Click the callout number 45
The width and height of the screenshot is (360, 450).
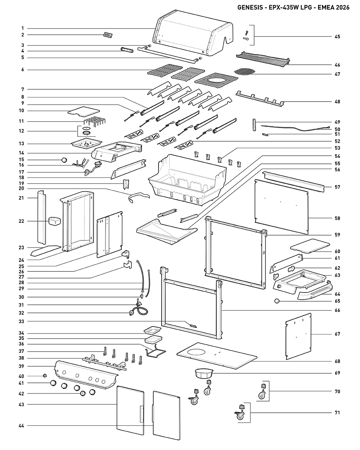[x=337, y=37]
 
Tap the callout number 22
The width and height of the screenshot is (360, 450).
[x=21, y=221]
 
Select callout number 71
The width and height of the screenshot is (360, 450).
[x=337, y=413]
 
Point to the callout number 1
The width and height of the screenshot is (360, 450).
[x=22, y=28]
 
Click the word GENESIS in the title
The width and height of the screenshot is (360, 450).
[x=250, y=7]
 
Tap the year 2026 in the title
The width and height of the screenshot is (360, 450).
[x=342, y=7]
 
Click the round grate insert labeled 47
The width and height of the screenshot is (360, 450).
[x=245, y=72]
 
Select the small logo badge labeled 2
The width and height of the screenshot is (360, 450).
[x=108, y=35]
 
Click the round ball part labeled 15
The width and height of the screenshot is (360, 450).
[x=64, y=160]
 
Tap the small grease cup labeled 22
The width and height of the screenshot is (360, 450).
[x=54, y=221]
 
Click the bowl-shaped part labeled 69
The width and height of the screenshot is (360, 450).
[x=204, y=373]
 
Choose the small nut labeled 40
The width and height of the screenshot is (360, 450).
[x=45, y=375]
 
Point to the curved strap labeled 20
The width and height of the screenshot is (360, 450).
[x=139, y=198]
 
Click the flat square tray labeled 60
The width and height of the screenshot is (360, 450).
[x=310, y=246]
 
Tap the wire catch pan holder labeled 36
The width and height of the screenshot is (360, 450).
[x=156, y=353]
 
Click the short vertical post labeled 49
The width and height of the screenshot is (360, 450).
[x=254, y=125]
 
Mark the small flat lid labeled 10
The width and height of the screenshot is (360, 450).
[x=84, y=112]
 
